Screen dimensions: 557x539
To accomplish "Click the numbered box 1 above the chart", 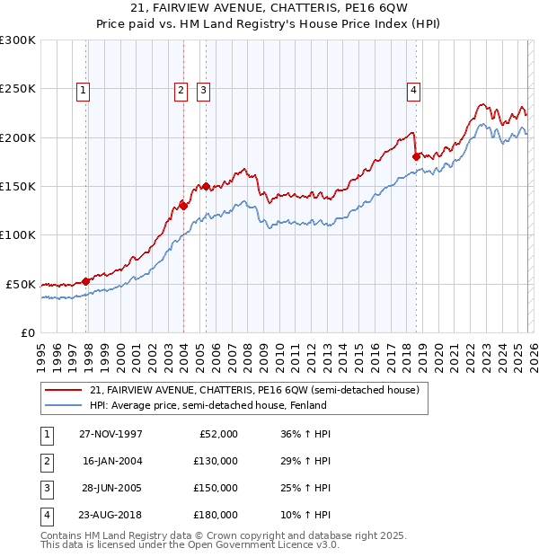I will point(83,89).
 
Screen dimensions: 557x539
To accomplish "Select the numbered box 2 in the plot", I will point(181,89).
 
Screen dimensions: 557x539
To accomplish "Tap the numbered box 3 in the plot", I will point(203,89).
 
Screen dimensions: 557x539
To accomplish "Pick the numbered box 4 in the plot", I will point(413,89).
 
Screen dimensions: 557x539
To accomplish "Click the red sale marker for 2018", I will point(416,156).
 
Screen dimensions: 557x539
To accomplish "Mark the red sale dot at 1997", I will point(86,281).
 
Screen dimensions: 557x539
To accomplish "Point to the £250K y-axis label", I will point(19,89).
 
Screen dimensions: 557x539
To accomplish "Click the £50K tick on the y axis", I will point(22,284).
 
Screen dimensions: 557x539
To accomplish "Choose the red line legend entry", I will point(254,390).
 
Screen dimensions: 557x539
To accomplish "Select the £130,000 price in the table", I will point(216,461).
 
